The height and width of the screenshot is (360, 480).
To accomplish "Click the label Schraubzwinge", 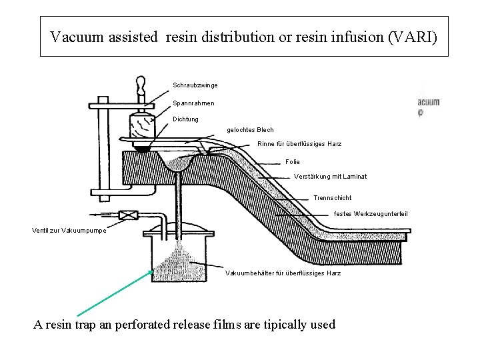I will coord(195,85).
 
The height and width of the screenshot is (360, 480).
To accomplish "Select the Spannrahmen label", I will coord(194,103).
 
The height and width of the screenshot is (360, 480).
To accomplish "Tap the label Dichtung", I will coord(185,119).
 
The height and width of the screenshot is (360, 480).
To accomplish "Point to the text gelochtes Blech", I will coord(250,129).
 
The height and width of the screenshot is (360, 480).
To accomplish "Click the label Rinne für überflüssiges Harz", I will coord(299,145).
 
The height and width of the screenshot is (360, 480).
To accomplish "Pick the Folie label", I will coord(292,161).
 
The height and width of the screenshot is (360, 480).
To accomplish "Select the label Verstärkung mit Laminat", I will coord(330,177).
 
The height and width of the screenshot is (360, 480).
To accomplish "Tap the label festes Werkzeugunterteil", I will coord(370,213).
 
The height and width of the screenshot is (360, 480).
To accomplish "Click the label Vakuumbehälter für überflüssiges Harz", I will coord(284,273).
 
